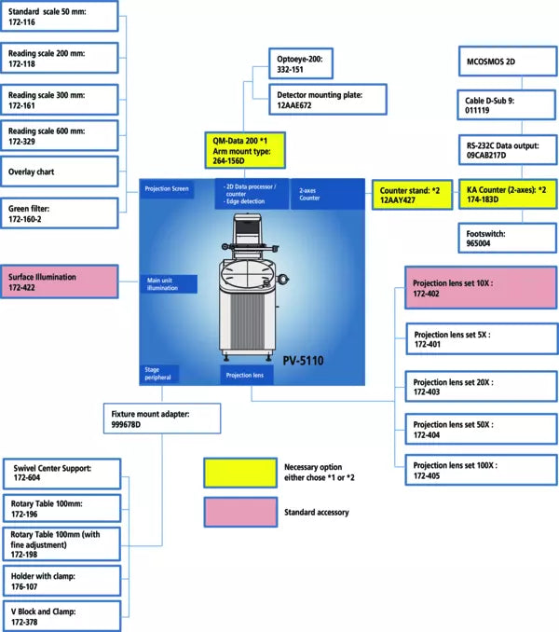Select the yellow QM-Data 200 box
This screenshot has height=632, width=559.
[245, 149]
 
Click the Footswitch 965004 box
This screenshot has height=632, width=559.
[508, 237]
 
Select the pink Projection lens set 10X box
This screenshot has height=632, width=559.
[480, 286]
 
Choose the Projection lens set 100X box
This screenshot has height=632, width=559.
[480, 470]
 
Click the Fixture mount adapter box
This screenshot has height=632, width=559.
[161, 419]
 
